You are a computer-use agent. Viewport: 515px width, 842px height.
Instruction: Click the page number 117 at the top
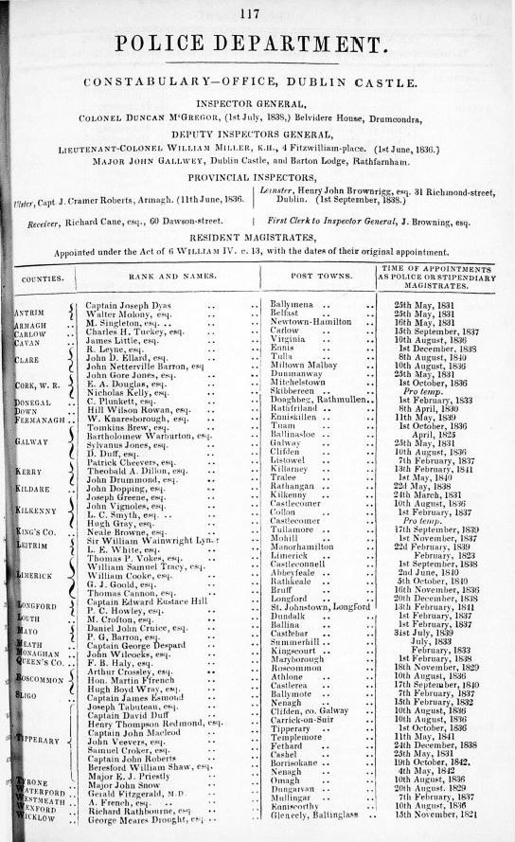click(x=250, y=13)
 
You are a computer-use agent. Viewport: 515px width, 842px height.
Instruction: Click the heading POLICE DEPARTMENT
click(x=251, y=45)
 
